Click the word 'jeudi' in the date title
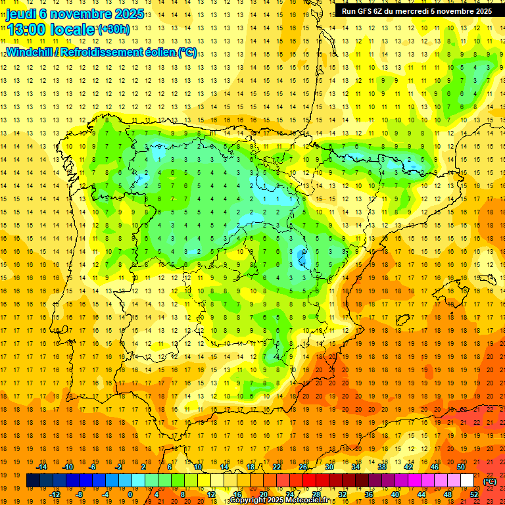(22, 14)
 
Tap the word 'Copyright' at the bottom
(250, 500)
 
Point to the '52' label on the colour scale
(473, 494)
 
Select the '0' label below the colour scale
(130, 494)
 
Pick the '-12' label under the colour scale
(55, 494)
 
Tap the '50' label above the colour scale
(460, 467)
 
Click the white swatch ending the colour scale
(468, 481)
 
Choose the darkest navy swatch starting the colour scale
(33, 481)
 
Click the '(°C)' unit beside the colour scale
(490, 481)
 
